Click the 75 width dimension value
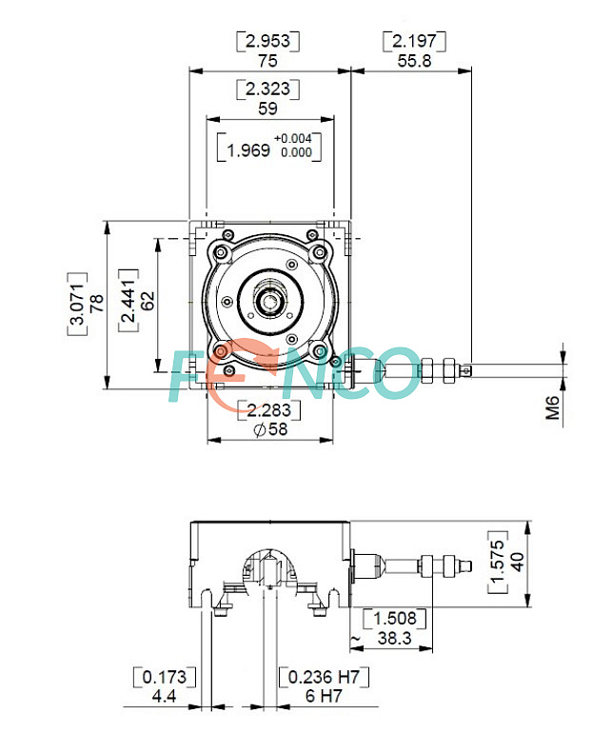(267, 61)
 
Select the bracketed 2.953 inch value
(267, 41)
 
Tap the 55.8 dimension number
(414, 61)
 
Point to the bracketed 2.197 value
(414, 41)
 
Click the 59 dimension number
(267, 109)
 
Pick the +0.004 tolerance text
(293, 138)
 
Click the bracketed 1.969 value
(248, 150)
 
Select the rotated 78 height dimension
(97, 303)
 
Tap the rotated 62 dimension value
(148, 301)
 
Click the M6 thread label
(553, 407)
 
